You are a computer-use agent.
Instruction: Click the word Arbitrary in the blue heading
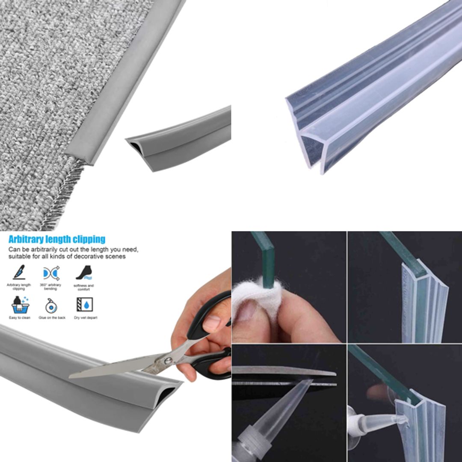pos(26,239)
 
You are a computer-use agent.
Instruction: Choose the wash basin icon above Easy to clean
pos(20,305)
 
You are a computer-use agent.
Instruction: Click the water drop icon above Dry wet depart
pos(84,305)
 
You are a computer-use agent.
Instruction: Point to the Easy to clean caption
pos(20,318)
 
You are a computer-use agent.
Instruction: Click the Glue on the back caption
pos(52,318)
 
